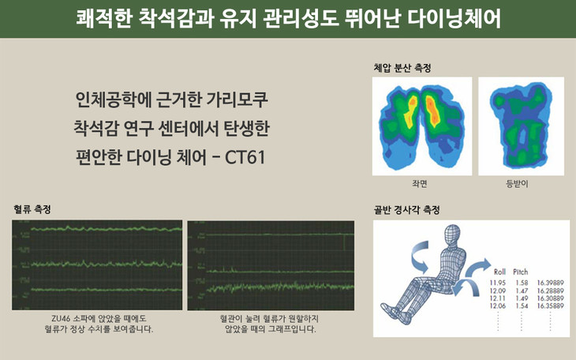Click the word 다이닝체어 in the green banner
454,18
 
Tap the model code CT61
245,157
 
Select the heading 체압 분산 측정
402,68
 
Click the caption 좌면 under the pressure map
420,183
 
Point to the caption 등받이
518,183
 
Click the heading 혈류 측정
32,209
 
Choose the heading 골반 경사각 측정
406,210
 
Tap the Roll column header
499,272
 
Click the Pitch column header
521,272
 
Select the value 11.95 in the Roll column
498,283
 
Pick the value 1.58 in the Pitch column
522,283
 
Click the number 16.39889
550,283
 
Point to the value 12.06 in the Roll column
498,306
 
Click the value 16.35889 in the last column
550,306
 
